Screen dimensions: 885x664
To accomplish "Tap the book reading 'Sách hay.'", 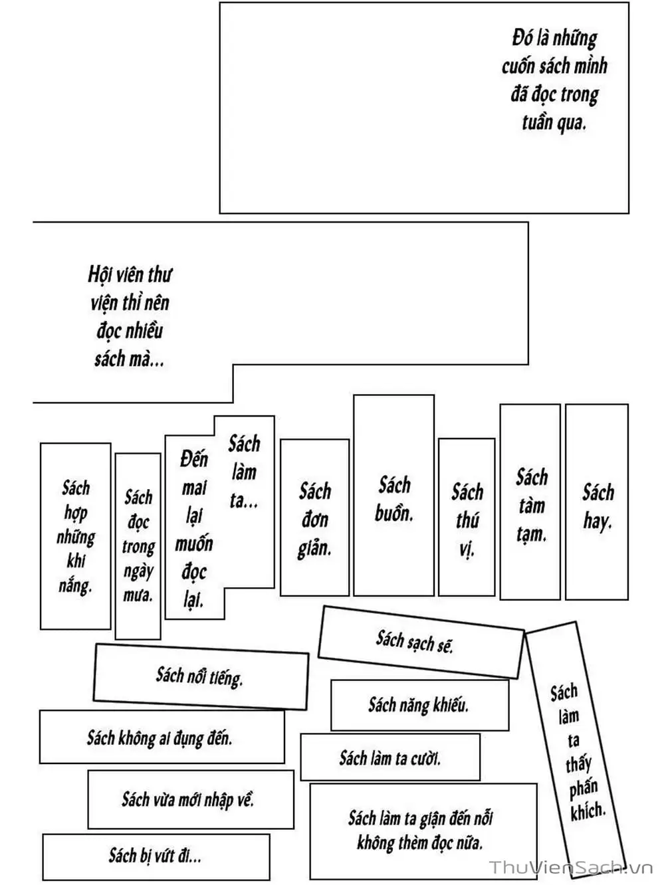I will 597,506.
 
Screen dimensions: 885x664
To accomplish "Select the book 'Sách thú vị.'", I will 467,519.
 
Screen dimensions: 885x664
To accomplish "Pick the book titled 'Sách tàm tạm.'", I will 530,504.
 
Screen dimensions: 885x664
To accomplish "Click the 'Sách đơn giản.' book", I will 314,519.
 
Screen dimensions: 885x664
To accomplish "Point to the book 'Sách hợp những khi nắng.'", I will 75,536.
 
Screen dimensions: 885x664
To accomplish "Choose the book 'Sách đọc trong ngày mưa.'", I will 138,545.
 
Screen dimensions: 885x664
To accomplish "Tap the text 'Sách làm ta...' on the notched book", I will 244,471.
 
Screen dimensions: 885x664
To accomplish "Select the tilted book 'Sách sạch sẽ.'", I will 415,642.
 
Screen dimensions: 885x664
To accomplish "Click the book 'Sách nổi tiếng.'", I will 199,676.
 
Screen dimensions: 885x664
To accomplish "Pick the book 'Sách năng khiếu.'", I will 419,704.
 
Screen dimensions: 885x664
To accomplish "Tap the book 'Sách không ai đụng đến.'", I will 160,737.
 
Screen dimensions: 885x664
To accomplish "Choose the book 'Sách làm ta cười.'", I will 389,757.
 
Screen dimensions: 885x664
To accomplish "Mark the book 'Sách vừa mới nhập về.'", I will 188,799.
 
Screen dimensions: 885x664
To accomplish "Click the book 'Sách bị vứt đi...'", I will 155,855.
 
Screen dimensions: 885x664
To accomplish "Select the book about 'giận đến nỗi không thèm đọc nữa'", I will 421,830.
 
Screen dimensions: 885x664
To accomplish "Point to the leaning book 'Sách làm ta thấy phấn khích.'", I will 576,751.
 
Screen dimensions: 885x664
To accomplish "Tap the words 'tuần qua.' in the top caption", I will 554,123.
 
